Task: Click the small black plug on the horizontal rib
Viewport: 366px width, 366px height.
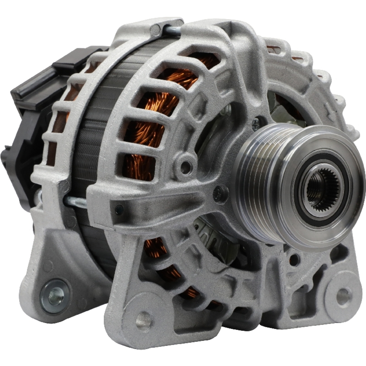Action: (x=119, y=210)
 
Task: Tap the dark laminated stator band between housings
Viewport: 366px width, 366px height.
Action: (x=95, y=128)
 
